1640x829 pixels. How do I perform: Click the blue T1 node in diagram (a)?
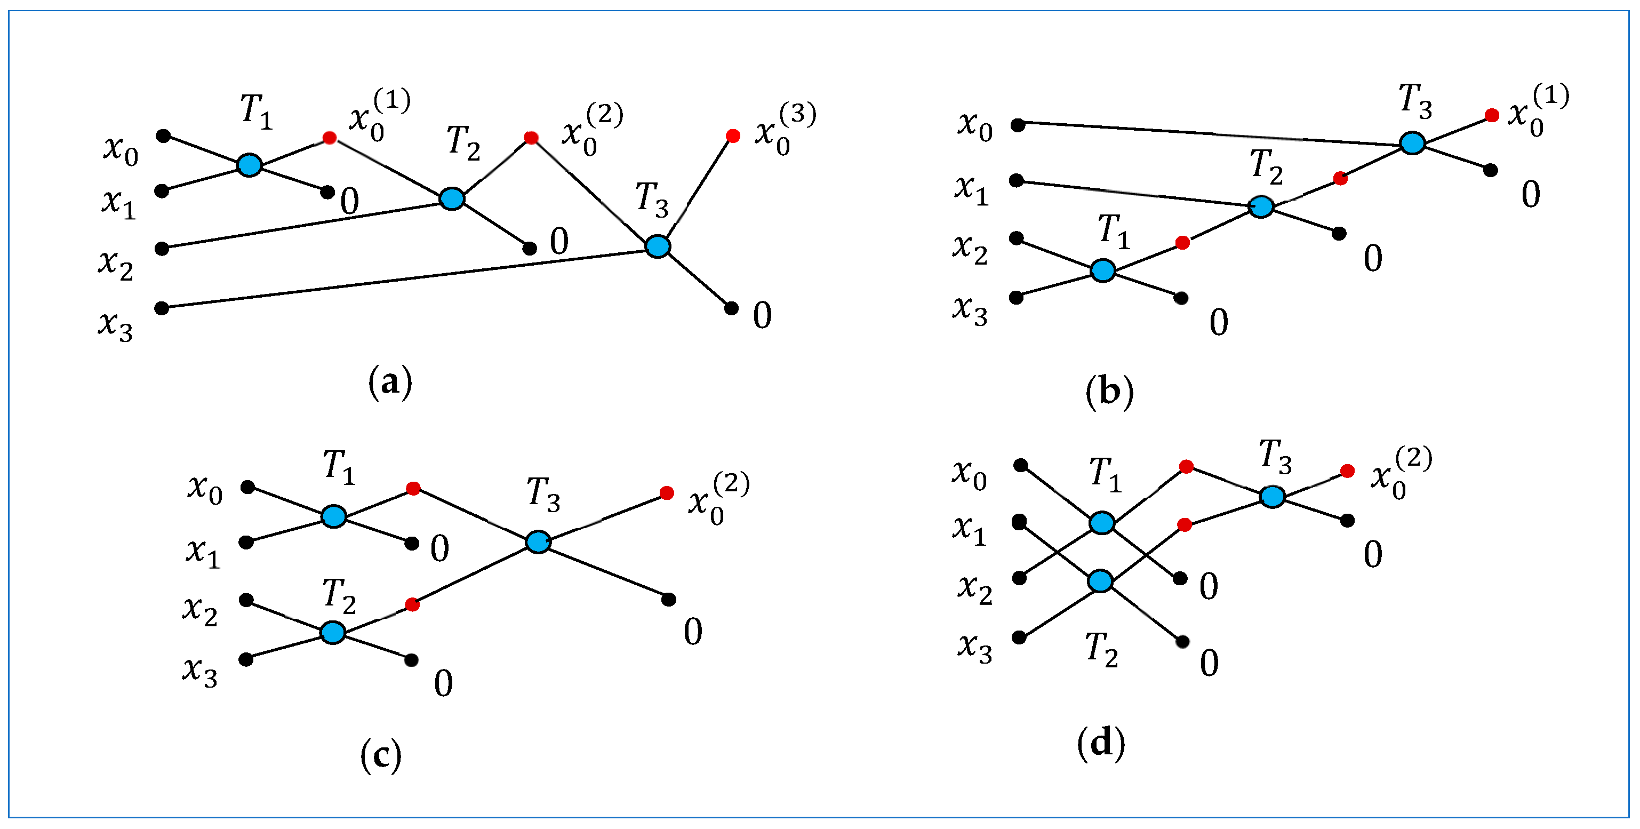(249, 165)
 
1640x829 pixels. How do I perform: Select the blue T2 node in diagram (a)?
(452, 198)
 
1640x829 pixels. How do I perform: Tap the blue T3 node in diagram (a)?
(658, 246)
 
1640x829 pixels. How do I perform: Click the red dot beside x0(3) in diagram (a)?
(733, 135)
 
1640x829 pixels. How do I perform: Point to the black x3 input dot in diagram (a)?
(162, 308)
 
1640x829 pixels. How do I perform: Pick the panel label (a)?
(390, 382)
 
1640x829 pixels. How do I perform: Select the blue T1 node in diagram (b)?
(1103, 270)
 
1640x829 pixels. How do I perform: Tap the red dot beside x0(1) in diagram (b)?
(1492, 115)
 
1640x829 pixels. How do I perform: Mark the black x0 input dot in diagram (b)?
(1018, 125)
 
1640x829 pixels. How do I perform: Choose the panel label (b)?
(1109, 391)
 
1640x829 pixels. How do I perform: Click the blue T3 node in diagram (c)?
(538, 542)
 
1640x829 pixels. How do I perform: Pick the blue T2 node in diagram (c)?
(333, 633)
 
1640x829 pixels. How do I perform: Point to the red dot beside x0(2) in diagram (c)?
(667, 493)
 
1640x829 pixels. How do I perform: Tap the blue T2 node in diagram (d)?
(1101, 581)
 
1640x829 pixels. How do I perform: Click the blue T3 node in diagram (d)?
(1272, 497)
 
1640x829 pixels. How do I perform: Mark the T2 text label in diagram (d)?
(1101, 651)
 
